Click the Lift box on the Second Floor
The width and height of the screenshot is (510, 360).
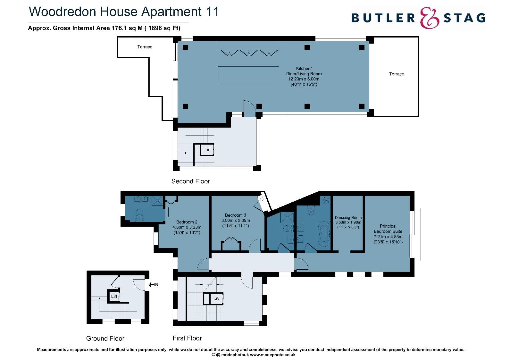click(x=207, y=150)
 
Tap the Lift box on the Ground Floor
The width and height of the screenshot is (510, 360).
click(x=114, y=296)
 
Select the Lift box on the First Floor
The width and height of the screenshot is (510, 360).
click(x=216, y=298)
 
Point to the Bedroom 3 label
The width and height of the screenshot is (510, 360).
click(x=235, y=215)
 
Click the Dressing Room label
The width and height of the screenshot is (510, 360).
click(x=348, y=218)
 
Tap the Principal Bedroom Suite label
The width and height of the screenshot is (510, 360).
click(x=388, y=229)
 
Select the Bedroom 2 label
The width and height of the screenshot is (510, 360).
click(x=187, y=222)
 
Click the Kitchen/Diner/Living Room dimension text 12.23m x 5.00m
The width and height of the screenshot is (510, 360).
click(x=304, y=79)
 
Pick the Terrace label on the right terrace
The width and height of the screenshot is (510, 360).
click(x=396, y=74)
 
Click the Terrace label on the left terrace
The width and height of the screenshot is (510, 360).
click(x=145, y=47)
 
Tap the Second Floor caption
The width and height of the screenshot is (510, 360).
click(x=191, y=181)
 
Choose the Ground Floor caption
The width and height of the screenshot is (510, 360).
click(x=105, y=338)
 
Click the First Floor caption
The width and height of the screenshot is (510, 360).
click(x=187, y=338)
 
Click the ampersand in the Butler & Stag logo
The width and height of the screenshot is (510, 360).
click(x=429, y=18)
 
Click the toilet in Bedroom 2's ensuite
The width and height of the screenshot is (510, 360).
click(x=139, y=215)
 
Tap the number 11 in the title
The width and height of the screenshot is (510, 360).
click(x=212, y=12)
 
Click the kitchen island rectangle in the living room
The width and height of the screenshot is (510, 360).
click(x=248, y=74)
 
